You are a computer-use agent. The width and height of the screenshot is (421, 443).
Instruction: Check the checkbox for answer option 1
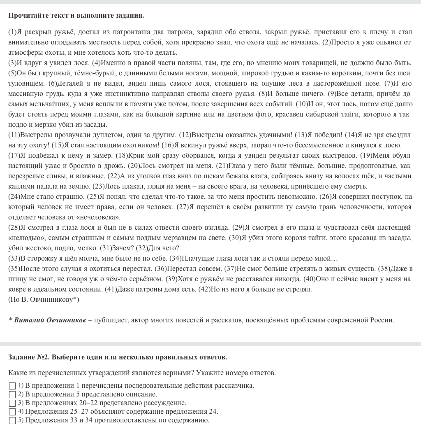pyautogui.click(x=12, y=386)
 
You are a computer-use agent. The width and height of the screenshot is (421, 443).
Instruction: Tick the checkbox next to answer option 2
pyautogui.click(x=12, y=394)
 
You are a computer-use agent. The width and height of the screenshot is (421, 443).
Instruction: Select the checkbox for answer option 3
pyautogui.click(x=12, y=403)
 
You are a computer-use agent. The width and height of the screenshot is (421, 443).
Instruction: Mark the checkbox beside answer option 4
pyautogui.click(x=12, y=412)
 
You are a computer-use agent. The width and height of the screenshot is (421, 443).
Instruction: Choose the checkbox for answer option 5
pyautogui.click(x=12, y=420)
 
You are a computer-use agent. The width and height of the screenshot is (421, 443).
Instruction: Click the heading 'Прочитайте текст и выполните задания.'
pyautogui.click(x=76, y=16)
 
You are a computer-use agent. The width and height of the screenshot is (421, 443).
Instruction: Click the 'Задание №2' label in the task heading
pyautogui.click(x=28, y=357)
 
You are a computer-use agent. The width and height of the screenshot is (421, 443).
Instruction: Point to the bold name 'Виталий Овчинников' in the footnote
pyautogui.click(x=50, y=320)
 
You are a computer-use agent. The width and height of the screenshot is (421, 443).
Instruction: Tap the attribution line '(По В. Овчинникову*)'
pyautogui.click(x=44, y=299)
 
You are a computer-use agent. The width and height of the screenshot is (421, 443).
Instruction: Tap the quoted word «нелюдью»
pyautogui.click(x=24, y=238)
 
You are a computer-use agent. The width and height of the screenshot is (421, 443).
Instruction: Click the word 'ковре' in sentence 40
pyautogui.click(x=16, y=289)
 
